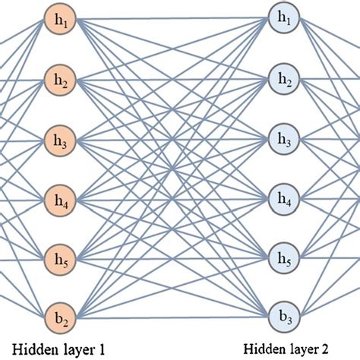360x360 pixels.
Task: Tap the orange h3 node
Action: click(x=58, y=139)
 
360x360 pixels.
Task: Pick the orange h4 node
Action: click(x=58, y=199)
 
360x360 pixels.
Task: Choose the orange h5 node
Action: click(x=58, y=257)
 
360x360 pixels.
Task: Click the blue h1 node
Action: click(x=284, y=18)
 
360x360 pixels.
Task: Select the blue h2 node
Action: click(x=284, y=78)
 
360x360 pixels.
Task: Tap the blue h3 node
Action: click(x=284, y=139)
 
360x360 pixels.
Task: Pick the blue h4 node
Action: click(x=284, y=199)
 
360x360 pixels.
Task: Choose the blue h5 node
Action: click(x=284, y=257)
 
